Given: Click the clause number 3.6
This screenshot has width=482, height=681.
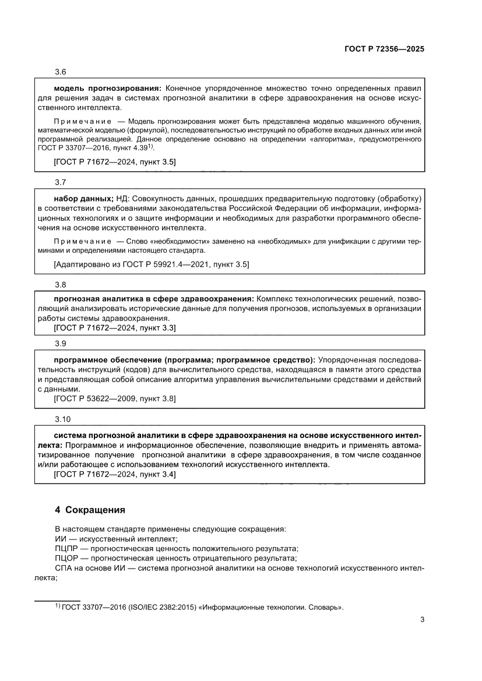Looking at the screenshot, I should [x=61, y=72].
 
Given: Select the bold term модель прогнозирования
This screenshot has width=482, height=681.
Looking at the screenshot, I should [x=107, y=88].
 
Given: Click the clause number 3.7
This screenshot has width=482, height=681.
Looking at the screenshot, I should [x=61, y=182].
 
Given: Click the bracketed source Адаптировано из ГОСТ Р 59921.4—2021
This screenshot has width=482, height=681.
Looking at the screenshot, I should [x=151, y=264].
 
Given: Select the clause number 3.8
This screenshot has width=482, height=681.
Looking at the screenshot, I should [x=61, y=285].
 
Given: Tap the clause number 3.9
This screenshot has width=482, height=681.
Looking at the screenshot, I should [x=61, y=344].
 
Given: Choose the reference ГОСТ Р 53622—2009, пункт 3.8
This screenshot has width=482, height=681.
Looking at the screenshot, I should [x=114, y=398].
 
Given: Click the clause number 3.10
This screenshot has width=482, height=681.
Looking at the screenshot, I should [x=62, y=419].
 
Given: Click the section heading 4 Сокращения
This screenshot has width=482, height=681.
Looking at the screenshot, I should [x=89, y=510].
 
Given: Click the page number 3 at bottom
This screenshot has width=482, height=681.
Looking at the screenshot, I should [x=422, y=620].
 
